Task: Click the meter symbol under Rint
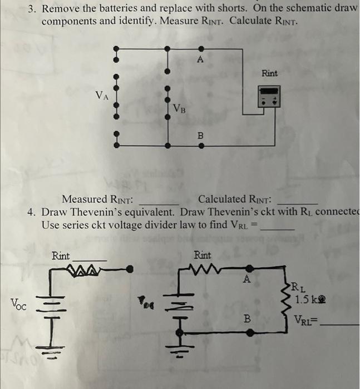[x=269, y=96]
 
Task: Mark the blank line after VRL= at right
[x=341, y=325]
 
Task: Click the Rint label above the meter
[x=269, y=73]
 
